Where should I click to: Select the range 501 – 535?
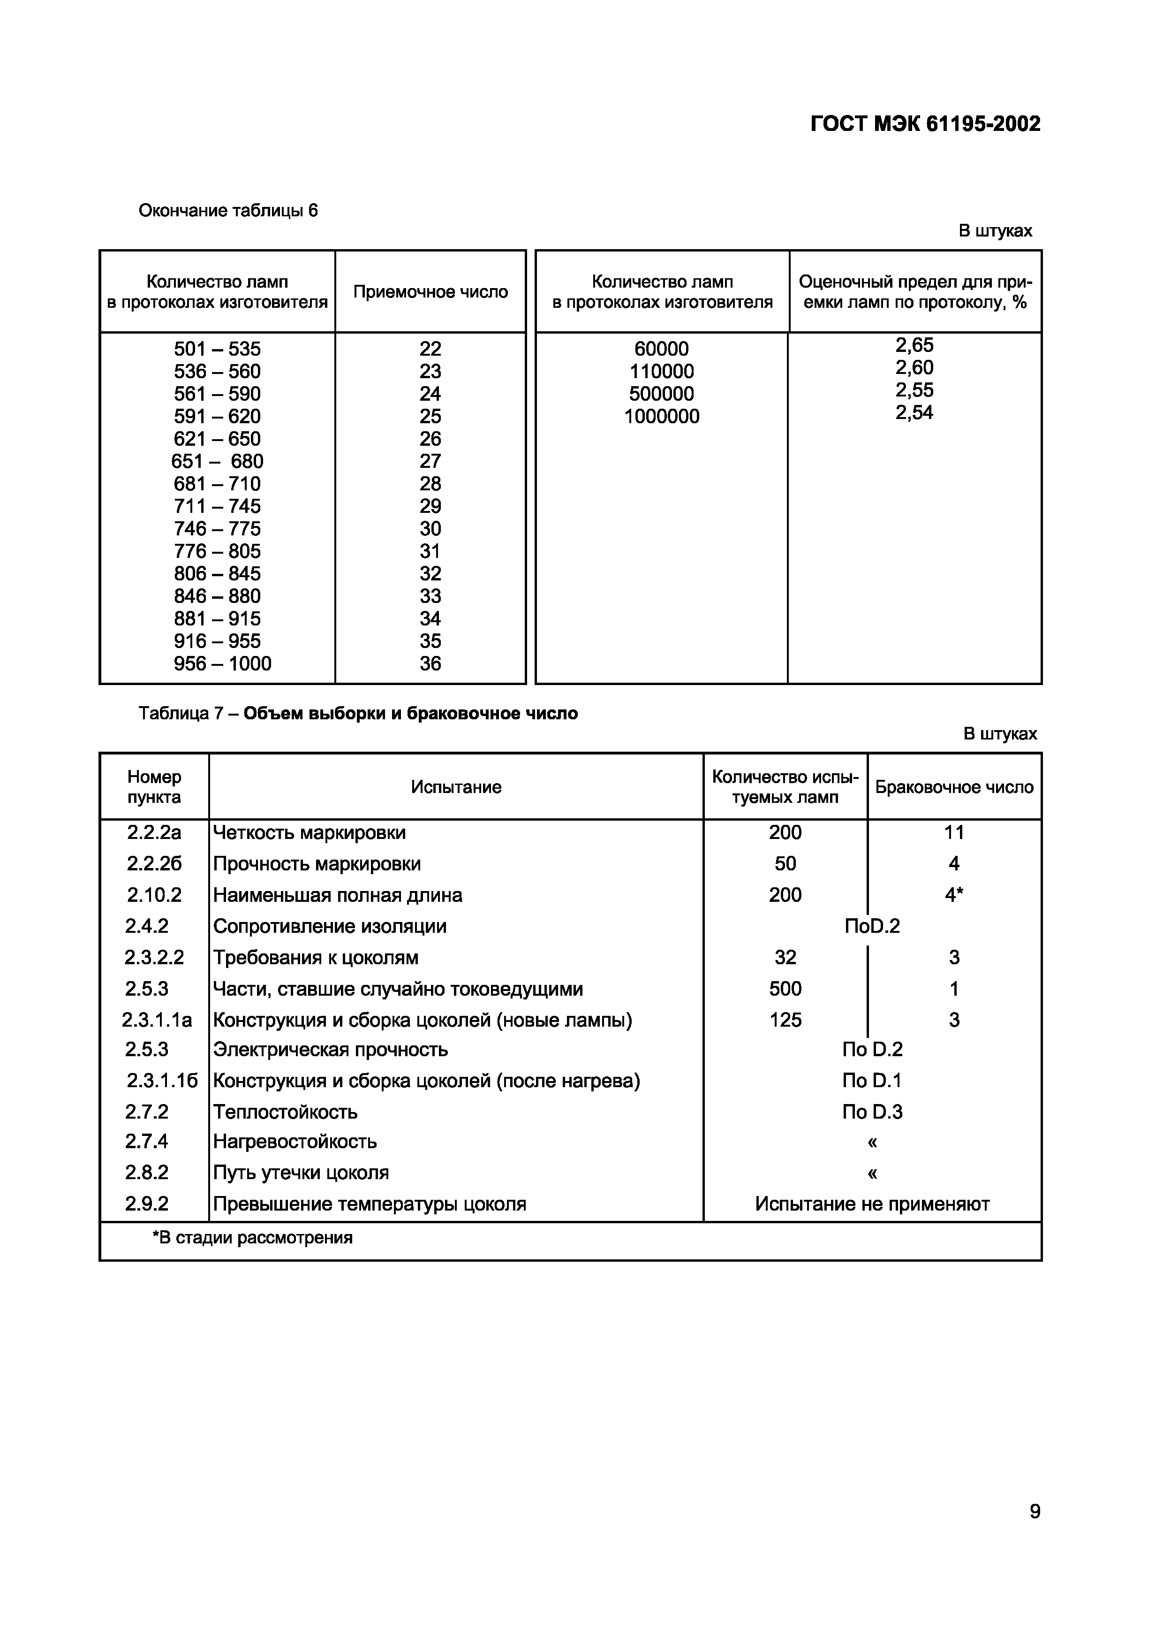[x=217, y=349]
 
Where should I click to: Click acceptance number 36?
[x=430, y=664]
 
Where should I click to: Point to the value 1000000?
[x=661, y=417]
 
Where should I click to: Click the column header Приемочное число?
[x=430, y=292]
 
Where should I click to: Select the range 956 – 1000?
[x=222, y=664]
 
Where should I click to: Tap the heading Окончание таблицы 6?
[x=228, y=211]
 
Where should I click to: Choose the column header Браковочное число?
[x=954, y=787]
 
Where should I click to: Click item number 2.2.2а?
[x=154, y=832]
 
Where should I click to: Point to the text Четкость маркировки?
[x=310, y=832]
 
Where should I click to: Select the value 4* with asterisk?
[x=954, y=895]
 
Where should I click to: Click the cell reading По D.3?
[x=872, y=1112]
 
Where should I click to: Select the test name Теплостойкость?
[x=285, y=1112]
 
